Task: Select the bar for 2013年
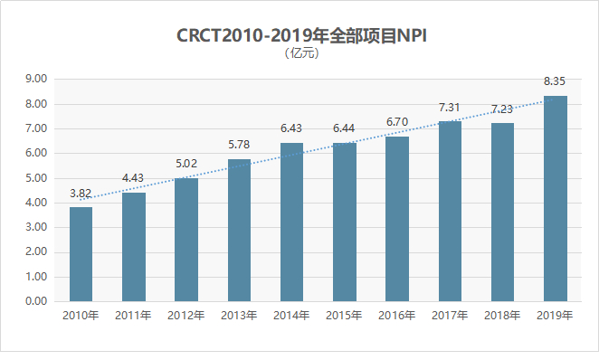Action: (x=239, y=230)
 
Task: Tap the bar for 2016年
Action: (x=397, y=218)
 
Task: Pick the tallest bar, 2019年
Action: (x=555, y=198)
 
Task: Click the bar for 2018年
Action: (x=502, y=212)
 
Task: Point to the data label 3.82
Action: (x=81, y=194)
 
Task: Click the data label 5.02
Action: (x=186, y=165)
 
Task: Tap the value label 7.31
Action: (x=450, y=108)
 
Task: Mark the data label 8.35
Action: (x=555, y=82)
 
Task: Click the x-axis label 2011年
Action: (x=134, y=316)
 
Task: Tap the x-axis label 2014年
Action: (x=291, y=316)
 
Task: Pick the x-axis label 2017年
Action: (x=450, y=316)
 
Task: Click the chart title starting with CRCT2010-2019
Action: (x=301, y=36)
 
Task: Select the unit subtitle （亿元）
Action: (x=301, y=52)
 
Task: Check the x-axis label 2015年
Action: (x=344, y=316)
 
